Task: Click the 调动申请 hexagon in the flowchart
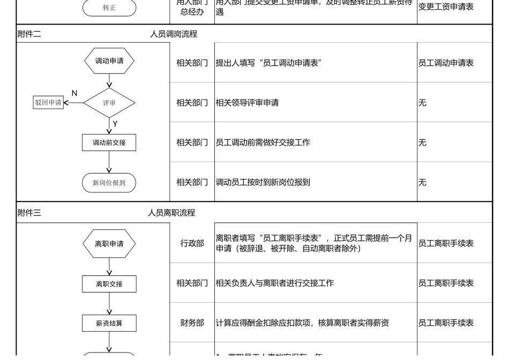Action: [x=109, y=61]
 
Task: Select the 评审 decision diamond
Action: [x=109, y=103]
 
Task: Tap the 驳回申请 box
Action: [x=48, y=103]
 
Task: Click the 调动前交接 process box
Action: [x=109, y=142]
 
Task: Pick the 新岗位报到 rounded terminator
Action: [x=109, y=183]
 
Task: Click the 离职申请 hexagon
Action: [x=109, y=244]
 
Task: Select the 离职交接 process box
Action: [x=109, y=284]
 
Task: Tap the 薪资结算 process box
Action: [x=109, y=323]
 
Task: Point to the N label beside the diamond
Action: [x=74, y=93]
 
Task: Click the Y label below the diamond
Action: [x=115, y=124]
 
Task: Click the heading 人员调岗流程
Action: [x=174, y=34]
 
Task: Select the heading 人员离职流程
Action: [x=171, y=213]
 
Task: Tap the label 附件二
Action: [x=29, y=34]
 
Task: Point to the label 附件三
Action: [x=29, y=213]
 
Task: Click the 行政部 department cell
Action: [x=192, y=244]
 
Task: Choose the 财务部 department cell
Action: [x=192, y=323]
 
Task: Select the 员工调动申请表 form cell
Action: [x=446, y=63]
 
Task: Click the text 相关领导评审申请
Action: [x=247, y=103]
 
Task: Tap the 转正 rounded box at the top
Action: [x=109, y=8]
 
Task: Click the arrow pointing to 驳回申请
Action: [x=73, y=103]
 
